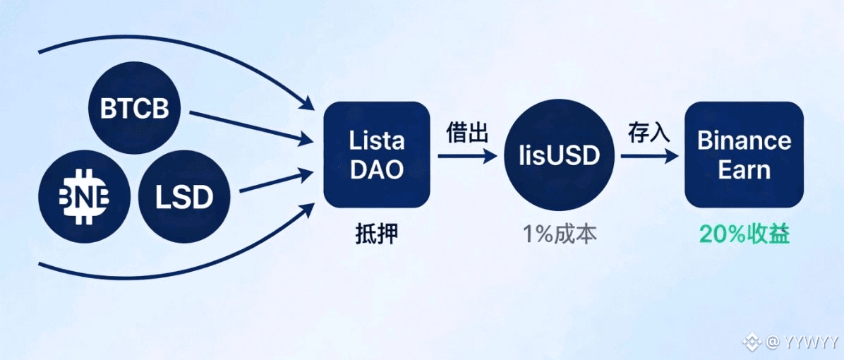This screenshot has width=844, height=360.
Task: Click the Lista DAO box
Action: [377, 155]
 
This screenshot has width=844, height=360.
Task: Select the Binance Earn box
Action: [744, 155]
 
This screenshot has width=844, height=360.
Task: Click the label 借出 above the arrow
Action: [466, 133]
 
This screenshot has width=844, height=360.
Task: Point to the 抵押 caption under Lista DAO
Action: [376, 234]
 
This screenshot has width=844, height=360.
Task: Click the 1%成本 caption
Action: [560, 234]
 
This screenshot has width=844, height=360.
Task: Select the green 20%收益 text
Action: [744, 234]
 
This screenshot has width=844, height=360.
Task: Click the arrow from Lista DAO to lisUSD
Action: [466, 156]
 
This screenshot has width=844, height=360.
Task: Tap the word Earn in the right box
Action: [744, 170]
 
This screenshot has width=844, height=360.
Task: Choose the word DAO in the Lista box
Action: [377, 170]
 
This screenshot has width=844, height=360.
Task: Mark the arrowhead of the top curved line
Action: [308, 105]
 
